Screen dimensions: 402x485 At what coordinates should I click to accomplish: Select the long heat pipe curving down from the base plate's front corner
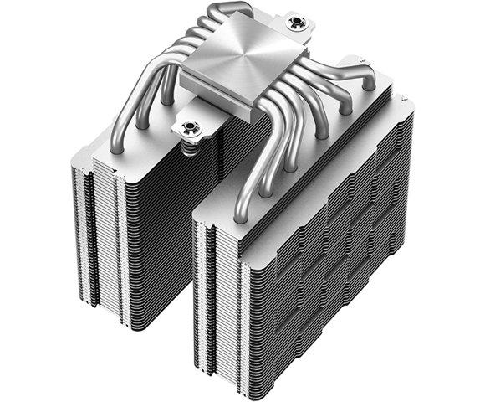tap(251, 176)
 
